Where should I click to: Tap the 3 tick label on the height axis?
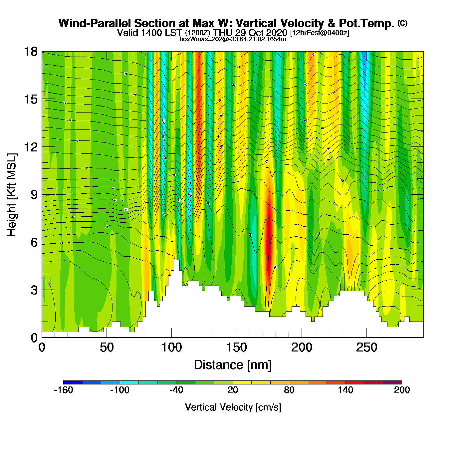34,290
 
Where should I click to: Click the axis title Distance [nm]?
233,365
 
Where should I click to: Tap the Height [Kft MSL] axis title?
12,195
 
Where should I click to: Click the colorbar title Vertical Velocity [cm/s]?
233,407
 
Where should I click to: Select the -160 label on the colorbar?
63,390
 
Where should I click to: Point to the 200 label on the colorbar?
402,390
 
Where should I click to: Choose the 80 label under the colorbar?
289,390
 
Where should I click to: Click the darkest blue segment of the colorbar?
73,382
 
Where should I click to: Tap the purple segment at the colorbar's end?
392,382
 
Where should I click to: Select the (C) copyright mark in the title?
402,23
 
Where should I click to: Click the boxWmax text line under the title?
233,39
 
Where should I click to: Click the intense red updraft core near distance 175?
269,230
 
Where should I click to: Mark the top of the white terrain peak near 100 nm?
176,261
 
